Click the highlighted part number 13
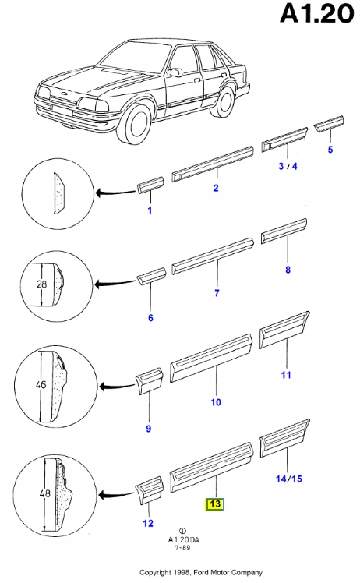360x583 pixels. coord(215,504)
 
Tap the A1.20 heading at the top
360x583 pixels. coord(317,14)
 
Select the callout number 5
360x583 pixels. coord(330,150)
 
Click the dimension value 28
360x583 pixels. coord(41,284)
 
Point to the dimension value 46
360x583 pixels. coord(41,384)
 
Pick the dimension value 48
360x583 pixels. coord(45,494)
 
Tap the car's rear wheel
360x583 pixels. coord(224,101)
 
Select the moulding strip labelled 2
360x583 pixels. coord(213,164)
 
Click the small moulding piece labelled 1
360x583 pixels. coord(150,185)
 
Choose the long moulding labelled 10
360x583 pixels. coord(211,358)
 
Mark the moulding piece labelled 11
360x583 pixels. coord(284,330)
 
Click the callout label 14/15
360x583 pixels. coord(288,479)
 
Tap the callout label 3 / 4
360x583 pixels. coord(288,166)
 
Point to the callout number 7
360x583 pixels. coord(217,293)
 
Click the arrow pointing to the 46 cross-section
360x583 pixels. coord(116,387)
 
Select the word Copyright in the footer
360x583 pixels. coord(156,572)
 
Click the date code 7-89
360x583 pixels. coord(182,548)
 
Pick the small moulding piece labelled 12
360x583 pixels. coord(149,490)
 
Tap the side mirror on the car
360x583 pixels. coord(175,72)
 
